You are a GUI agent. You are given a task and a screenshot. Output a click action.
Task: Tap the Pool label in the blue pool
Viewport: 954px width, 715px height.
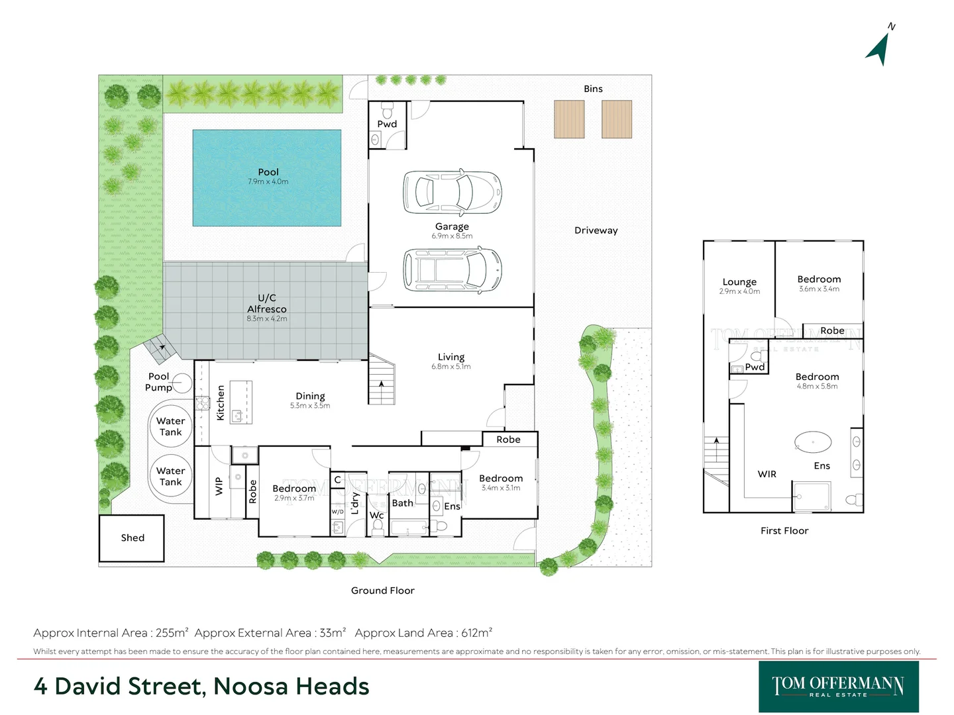coord(268,172)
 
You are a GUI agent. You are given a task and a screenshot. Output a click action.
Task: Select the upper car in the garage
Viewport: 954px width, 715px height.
coord(452,193)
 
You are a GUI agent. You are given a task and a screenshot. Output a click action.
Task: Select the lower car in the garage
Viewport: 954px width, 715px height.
coord(452,270)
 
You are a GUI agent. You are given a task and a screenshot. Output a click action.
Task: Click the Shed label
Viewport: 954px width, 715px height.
coord(132,538)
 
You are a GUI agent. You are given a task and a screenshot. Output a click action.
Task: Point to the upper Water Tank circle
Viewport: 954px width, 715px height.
coord(170,426)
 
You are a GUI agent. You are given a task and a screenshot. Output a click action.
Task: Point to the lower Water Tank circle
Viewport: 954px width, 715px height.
coord(170,477)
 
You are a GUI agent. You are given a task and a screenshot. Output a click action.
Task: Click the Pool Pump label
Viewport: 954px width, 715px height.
coord(158,382)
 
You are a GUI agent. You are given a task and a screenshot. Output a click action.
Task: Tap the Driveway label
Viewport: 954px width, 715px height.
coord(596,230)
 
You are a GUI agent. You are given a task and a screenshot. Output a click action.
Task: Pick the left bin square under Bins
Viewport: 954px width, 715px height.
coord(569,119)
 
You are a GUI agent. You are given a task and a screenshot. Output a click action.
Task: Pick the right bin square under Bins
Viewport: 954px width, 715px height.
coord(617,119)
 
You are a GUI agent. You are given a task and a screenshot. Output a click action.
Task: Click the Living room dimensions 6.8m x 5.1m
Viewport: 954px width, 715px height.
coord(451,367)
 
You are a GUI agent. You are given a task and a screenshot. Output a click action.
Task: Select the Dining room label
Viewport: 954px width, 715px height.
coord(310,396)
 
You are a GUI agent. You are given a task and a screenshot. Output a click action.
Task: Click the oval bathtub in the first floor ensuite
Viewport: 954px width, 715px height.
coord(813,442)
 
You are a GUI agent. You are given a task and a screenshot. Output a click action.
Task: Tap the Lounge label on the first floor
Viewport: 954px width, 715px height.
coord(739,281)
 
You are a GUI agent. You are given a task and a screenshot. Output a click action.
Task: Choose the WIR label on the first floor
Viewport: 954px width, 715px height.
coord(767,474)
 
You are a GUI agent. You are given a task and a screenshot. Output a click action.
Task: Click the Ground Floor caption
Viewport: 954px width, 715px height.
coord(383,591)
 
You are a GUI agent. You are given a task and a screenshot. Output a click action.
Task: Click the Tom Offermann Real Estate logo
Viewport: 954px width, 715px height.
coord(838,687)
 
